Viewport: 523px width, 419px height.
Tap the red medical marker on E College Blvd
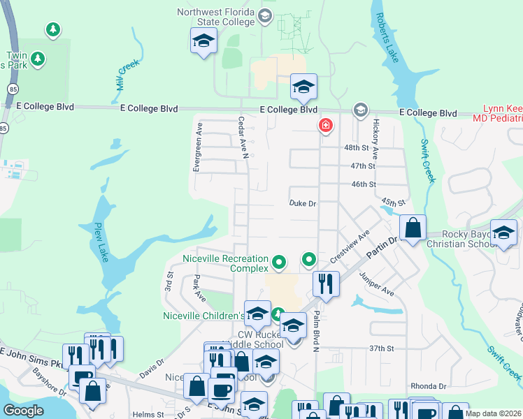[325, 126]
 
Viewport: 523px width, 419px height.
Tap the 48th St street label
[356, 148]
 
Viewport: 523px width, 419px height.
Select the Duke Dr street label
[303, 204]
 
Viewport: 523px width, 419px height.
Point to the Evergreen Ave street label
[198, 147]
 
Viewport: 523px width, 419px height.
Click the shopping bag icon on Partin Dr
[413, 228]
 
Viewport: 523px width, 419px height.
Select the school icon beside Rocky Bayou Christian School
[503, 233]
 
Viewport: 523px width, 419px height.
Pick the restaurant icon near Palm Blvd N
[326, 284]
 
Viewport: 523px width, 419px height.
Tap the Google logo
[24, 410]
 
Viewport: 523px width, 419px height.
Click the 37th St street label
[382, 348]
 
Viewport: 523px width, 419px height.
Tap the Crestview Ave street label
[349, 247]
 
